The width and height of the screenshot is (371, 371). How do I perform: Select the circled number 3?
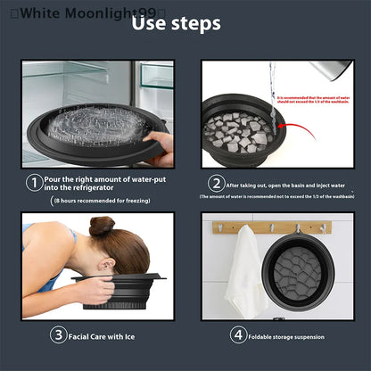pos(58,335)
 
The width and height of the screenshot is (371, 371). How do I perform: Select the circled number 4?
pos(237,335)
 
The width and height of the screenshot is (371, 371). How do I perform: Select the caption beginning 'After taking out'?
pos(285,185)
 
